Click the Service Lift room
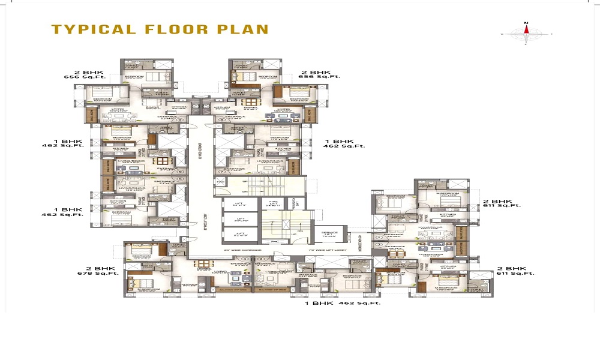tap(329, 234)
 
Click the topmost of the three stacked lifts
tap(240, 205)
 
